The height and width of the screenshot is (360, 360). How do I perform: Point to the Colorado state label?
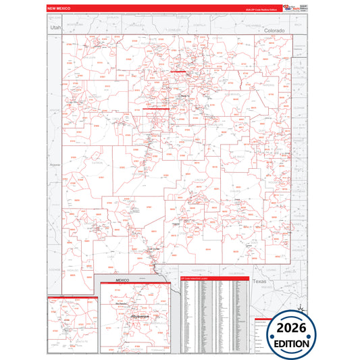coord(274,31)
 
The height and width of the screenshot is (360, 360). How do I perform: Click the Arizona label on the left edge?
coord(55,163)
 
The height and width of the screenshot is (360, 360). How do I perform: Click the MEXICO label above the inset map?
coord(122,280)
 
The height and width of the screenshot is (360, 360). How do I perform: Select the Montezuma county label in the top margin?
coord(74,24)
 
